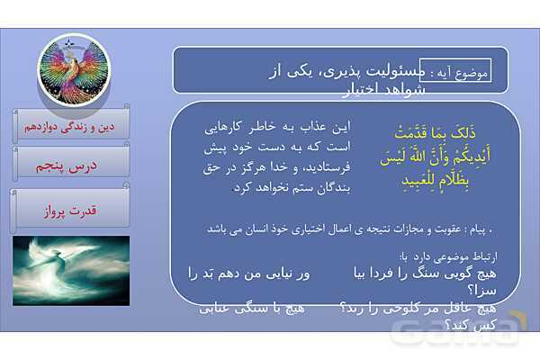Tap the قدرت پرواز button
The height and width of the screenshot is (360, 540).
click(x=71, y=211)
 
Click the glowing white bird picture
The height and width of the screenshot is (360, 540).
click(x=71, y=270)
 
